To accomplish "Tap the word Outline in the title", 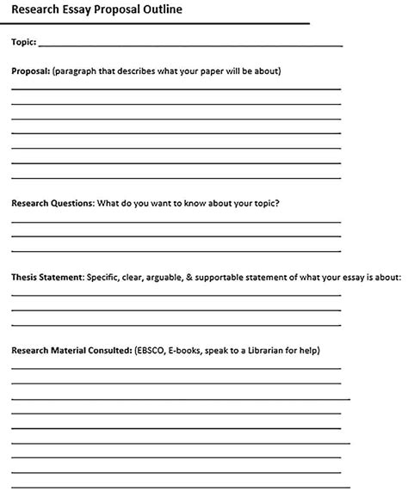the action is [x=162, y=9].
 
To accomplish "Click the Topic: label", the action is [x=23, y=41].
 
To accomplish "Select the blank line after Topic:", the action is [x=190, y=43].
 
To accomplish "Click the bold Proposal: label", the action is [x=30, y=71].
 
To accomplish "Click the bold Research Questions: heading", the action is [x=52, y=204].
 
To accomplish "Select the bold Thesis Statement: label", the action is [x=46, y=278].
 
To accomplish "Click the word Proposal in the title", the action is [x=116, y=9].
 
